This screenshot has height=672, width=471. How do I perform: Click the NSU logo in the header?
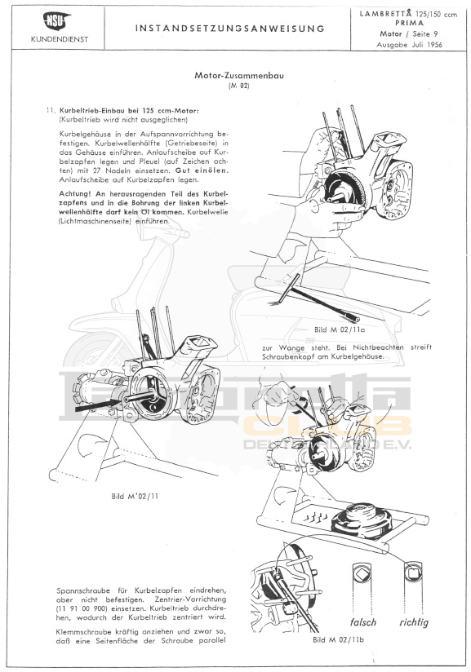57,21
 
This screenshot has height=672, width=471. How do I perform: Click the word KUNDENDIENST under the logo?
60,39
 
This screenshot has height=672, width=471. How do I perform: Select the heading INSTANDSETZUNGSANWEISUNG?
230,29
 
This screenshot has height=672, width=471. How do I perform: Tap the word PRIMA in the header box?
409,23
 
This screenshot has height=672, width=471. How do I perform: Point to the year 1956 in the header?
433,44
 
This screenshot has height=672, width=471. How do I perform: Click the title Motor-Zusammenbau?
239,76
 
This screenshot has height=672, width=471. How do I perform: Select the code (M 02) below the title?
239,86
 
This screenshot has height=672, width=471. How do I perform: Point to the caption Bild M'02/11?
135,497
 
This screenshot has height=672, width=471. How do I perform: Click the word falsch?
363,622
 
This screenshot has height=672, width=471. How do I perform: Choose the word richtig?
414,623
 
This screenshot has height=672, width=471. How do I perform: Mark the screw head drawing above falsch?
362,573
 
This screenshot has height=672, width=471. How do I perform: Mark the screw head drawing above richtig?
413,572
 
